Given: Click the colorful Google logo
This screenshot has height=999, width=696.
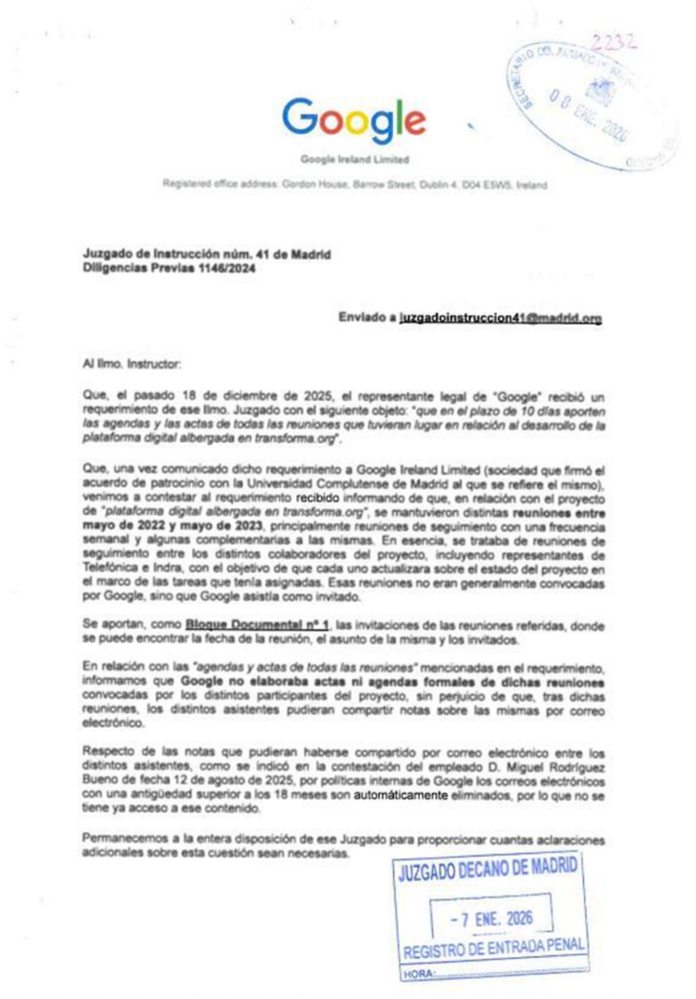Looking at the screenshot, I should tap(354, 119).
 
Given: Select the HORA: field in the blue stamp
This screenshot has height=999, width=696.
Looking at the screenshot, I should tap(419, 974).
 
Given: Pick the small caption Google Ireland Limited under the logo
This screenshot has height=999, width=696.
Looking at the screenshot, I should tap(354, 158).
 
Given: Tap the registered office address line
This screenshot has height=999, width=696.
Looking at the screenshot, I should tap(354, 183).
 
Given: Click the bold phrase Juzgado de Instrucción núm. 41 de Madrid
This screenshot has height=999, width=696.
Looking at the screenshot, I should tap(207, 253).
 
